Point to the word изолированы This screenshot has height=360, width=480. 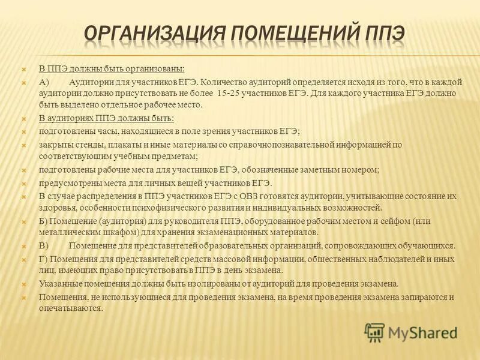pos(224,283)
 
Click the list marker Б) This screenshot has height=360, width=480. pos(43,221)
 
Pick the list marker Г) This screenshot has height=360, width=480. pos(43,259)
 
